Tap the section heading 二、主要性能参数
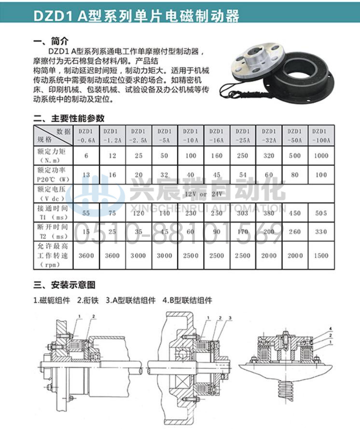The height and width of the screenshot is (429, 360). (69, 118)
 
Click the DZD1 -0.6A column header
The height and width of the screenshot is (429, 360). (86, 135)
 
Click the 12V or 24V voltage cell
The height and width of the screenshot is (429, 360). (203, 193)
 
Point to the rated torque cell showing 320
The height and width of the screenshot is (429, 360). (268, 156)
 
